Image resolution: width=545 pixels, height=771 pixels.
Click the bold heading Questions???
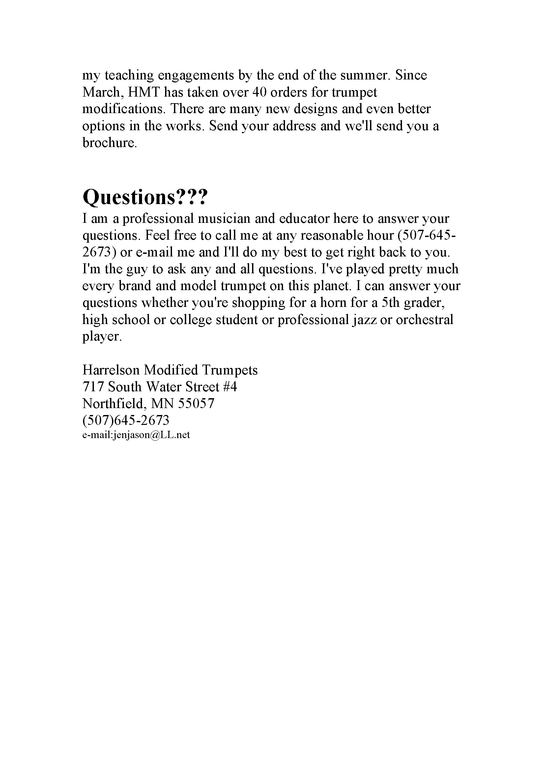145,197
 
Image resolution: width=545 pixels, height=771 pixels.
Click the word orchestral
424,319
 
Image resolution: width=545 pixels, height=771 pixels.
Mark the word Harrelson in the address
111,370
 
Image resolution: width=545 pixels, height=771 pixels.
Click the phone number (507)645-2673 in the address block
126,420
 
